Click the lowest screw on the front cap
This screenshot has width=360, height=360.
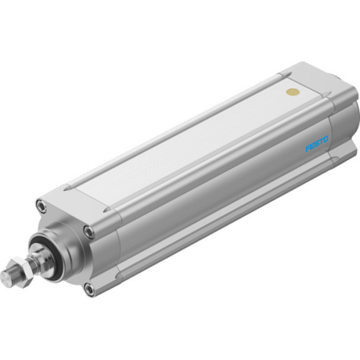click(x=89, y=289)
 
